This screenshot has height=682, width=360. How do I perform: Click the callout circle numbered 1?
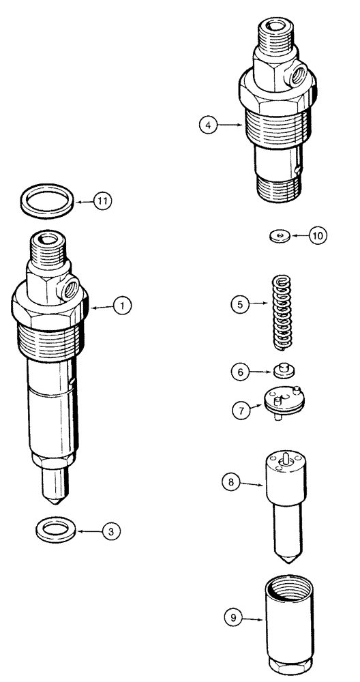(x=123, y=307)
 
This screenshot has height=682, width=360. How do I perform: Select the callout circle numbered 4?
(x=209, y=125)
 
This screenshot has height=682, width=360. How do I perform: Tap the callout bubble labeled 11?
(x=104, y=201)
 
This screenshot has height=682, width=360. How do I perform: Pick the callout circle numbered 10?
(x=317, y=235)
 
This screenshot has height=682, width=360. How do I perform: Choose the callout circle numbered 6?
(x=240, y=372)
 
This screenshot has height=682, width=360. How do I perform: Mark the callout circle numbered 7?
(x=239, y=411)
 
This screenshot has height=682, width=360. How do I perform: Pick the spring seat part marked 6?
(x=282, y=371)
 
